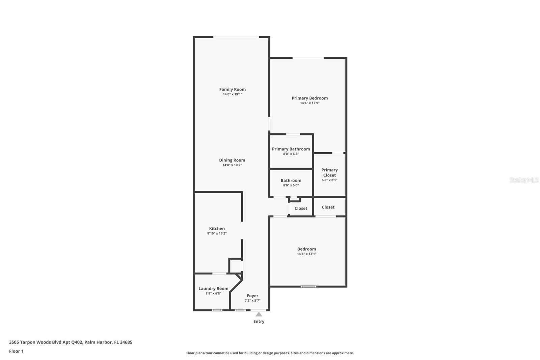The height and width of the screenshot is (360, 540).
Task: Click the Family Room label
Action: coord(232,89)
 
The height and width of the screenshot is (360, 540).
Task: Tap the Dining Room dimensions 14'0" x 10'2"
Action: coord(232,165)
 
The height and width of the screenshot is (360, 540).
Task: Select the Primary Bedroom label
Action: coord(309,98)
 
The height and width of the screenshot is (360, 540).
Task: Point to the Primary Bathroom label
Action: coord(291,149)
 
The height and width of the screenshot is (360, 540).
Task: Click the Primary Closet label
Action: coord(329,172)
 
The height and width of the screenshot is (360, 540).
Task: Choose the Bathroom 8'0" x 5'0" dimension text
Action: coord(291,185)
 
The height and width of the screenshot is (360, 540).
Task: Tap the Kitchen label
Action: coord(217,229)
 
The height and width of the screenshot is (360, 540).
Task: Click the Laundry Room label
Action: coord(213,288)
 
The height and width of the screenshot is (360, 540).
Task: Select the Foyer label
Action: coord(252,295)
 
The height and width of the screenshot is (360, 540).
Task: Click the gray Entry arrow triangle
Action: coord(259,314)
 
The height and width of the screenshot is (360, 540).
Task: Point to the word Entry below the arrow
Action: coord(259,322)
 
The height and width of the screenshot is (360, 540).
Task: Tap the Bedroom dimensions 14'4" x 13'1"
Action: coord(306,254)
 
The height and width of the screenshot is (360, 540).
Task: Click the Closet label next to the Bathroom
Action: coord(301,208)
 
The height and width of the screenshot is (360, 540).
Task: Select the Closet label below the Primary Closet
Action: coord(328,207)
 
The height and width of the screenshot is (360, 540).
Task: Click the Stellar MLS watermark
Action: coord(524,180)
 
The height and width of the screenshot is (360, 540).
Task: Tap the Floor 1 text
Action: coord(16,351)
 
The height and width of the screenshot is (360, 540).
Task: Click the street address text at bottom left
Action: coord(71,342)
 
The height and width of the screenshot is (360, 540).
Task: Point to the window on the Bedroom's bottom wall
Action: coord(308,287)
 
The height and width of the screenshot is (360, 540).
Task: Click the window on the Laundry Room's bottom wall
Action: coord(217,310)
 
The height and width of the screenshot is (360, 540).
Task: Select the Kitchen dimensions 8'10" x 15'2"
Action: coord(217,233)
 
